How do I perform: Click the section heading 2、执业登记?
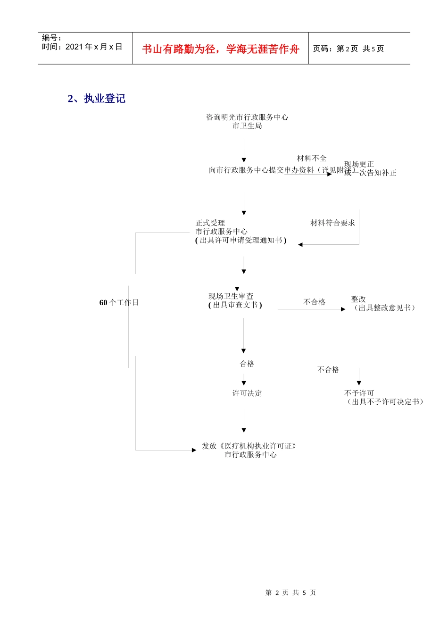(97, 99)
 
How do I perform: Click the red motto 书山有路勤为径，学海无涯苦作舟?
(220, 49)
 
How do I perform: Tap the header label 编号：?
(51, 38)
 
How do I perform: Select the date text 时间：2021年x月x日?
(82, 47)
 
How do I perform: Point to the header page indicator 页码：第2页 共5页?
(348, 49)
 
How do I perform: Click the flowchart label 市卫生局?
(247, 126)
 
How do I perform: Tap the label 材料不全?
(312, 158)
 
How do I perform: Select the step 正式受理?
(210, 223)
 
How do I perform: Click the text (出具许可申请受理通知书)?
(241, 240)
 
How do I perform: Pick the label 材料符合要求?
(332, 223)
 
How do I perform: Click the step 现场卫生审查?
(231, 296)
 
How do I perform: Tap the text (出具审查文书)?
(235, 305)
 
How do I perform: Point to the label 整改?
(358, 299)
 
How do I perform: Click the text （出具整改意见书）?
(384, 308)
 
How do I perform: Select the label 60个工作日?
(119, 303)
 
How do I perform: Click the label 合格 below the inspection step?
(247, 364)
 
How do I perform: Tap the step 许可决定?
(247, 393)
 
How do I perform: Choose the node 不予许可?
(359, 393)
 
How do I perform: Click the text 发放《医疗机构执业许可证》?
(249, 446)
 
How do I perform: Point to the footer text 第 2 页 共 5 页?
(290, 592)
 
